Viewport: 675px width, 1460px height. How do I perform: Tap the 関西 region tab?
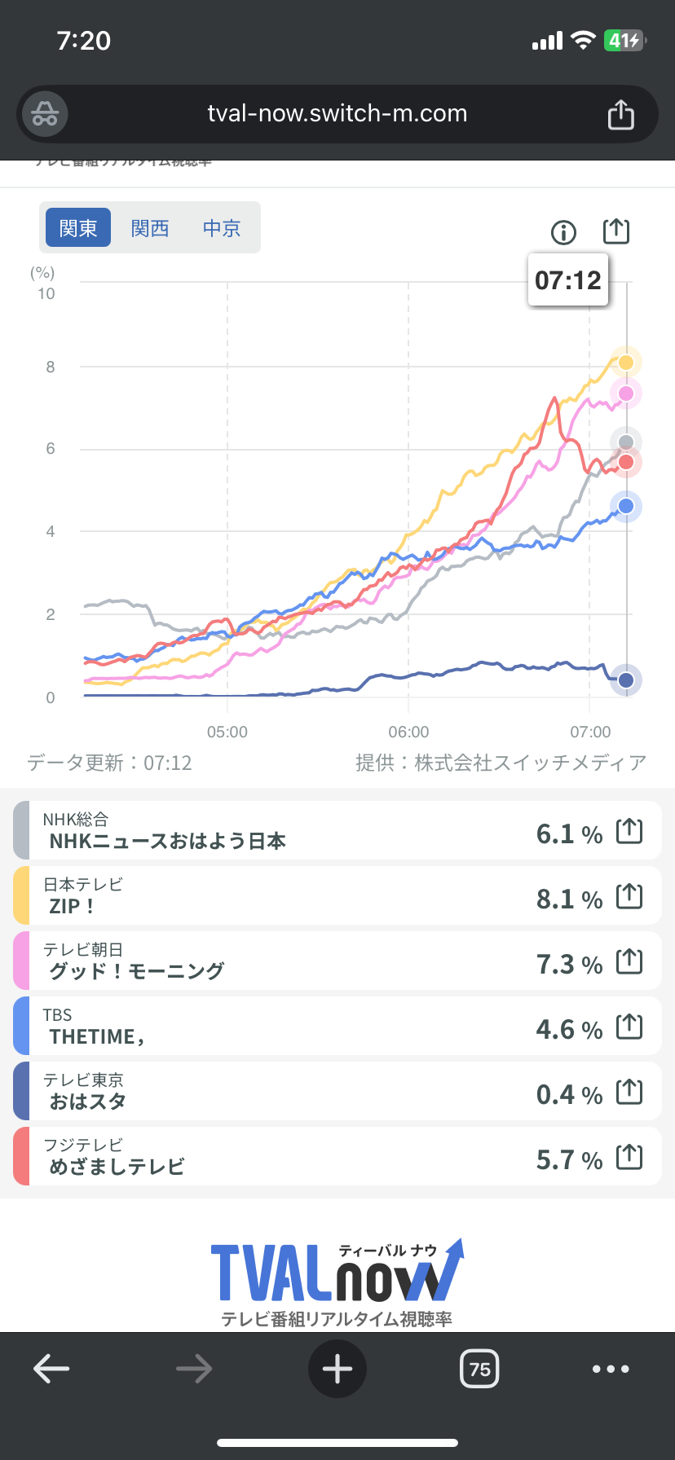150,228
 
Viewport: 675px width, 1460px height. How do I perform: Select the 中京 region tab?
222,228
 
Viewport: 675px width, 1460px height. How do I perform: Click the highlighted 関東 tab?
78,228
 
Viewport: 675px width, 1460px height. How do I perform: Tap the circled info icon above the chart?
563,233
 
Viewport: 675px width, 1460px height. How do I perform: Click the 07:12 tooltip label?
568,280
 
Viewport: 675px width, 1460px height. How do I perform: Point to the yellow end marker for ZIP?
626,362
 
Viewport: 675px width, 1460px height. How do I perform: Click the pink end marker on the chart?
626,394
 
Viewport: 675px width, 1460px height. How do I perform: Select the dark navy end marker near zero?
626,679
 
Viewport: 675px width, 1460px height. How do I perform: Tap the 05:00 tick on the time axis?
227,732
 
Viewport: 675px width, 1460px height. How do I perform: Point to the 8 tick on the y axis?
51,367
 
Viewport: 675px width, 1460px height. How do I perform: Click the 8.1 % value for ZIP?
569,899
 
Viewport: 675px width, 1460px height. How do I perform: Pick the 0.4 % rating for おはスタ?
569,1094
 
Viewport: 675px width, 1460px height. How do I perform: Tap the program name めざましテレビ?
117,1167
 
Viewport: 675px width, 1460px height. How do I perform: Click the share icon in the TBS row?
629,1027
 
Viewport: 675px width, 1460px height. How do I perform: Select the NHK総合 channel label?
76,820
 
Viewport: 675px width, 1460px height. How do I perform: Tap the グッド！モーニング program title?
137,971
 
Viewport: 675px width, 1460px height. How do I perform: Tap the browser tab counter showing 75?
479,1369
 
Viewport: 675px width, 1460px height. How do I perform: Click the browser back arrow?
51,1369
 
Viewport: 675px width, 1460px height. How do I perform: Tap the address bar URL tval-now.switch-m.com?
337,113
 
